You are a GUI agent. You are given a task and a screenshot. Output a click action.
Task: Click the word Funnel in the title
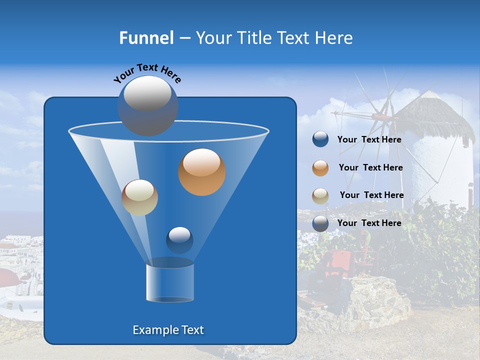[x=146, y=38]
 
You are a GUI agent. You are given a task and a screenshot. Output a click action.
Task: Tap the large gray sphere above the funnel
[x=147, y=105]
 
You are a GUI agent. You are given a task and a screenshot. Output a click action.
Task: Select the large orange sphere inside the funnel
[x=202, y=172]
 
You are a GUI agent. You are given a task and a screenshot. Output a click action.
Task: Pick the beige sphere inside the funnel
[x=139, y=197]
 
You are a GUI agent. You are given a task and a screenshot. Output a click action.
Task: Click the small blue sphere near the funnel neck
[x=179, y=240]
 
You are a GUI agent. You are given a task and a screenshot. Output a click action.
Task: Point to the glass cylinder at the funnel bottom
[x=170, y=282]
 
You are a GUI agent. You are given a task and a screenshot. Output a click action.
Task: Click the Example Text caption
[x=168, y=330]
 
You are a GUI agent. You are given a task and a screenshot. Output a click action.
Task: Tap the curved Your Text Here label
[x=147, y=72]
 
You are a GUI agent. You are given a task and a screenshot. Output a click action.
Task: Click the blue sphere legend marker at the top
[x=320, y=139]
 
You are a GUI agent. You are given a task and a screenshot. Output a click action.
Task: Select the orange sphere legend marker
[x=320, y=168]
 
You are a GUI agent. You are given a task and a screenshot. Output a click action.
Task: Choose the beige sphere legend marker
[x=320, y=195]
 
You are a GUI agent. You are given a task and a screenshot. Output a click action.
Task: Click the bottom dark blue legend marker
[x=320, y=223]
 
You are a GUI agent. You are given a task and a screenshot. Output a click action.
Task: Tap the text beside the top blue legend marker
[x=369, y=139]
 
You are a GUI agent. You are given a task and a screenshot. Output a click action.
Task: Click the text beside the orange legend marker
[x=370, y=167]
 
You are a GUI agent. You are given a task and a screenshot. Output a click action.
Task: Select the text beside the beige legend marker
[x=371, y=195]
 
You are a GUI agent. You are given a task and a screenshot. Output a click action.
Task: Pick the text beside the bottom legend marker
[x=369, y=223]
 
